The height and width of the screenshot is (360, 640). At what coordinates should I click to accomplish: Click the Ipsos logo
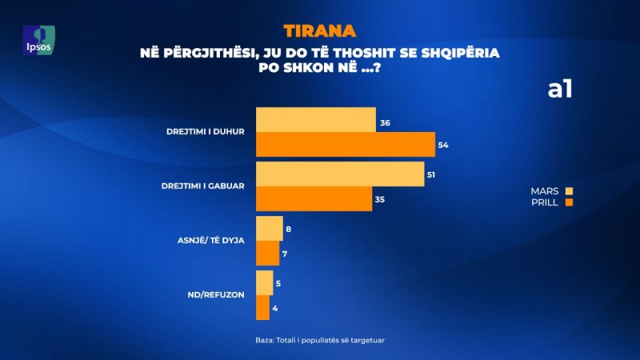pyautogui.click(x=39, y=40)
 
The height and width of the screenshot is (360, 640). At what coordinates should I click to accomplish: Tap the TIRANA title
pyautogui.click(x=319, y=32)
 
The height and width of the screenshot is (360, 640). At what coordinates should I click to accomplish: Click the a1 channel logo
pyautogui.click(x=559, y=90)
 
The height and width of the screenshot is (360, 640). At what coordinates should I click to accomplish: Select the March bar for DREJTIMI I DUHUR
pyautogui.click(x=315, y=119)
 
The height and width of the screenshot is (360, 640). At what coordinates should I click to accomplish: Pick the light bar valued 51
pyautogui.click(x=339, y=174)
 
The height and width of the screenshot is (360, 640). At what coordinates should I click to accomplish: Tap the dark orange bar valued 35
pyautogui.click(x=314, y=198)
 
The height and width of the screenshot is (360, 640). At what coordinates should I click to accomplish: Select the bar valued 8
pyautogui.click(x=269, y=228)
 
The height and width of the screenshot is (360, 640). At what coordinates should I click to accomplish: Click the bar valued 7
pyautogui.click(x=267, y=253)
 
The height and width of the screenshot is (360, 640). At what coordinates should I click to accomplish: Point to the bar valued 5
pyautogui.click(x=264, y=282)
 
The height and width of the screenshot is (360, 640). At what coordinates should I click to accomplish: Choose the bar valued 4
pyautogui.click(x=262, y=307)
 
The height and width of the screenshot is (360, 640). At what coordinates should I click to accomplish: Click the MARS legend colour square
pyautogui.click(x=570, y=191)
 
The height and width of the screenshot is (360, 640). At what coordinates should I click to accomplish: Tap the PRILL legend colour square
pyautogui.click(x=570, y=202)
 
